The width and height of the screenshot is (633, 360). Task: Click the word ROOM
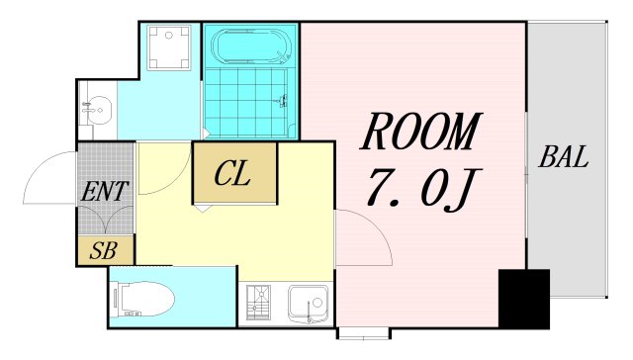(421, 132)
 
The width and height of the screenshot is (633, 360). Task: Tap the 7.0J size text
(423, 190)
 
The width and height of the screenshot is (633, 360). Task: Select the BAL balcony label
(563, 156)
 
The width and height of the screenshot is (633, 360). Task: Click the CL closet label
(232, 173)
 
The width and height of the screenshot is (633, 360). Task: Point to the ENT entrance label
(105, 191)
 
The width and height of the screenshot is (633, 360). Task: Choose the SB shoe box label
(103, 250)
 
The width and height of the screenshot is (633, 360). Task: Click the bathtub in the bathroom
(250, 45)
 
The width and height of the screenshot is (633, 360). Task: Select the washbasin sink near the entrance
(97, 110)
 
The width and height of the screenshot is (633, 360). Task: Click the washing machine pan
(169, 48)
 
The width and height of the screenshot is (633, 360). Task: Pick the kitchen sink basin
(309, 304)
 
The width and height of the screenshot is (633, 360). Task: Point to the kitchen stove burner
(258, 303)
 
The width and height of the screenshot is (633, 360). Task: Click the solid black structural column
(524, 299)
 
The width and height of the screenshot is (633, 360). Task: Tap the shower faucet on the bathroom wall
(284, 100)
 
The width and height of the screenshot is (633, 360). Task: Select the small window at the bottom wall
(363, 333)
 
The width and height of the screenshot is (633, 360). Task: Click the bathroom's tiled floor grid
(246, 103)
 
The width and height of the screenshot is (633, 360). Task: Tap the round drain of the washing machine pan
(169, 36)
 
